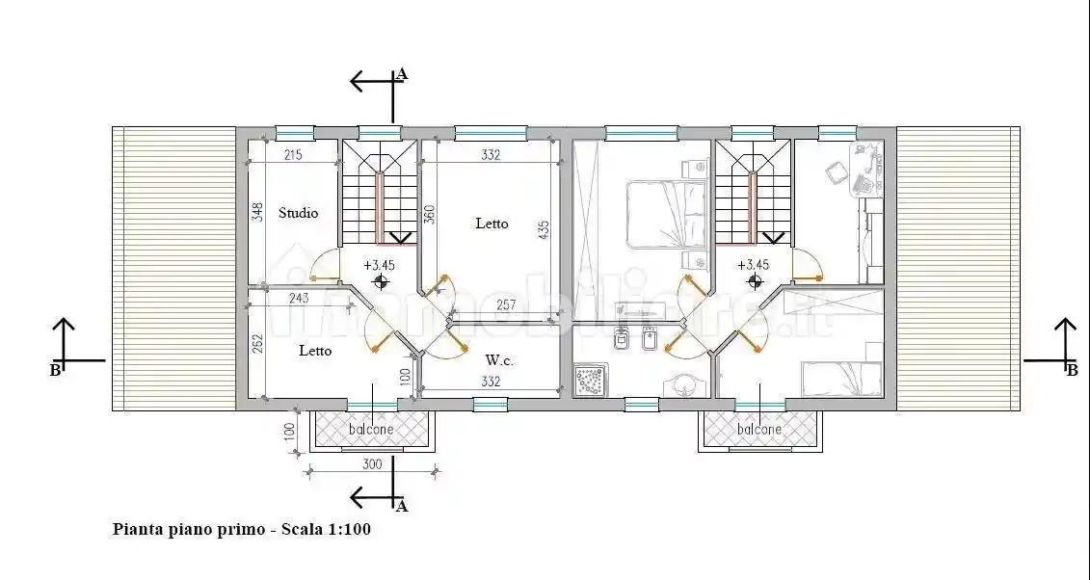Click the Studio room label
pos(298,213)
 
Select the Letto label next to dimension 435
pos(492,224)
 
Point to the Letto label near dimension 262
pos(314,351)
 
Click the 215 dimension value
pos(293,155)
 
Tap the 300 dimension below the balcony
pos(372,463)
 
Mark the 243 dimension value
pos(299,299)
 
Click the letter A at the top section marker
pos(402,73)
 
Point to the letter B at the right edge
pos(1071,369)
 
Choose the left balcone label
pos(371,429)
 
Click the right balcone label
pos(759,429)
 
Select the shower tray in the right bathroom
pos(590,380)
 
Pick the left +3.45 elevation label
pos(379,264)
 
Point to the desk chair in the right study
pos(836,172)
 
